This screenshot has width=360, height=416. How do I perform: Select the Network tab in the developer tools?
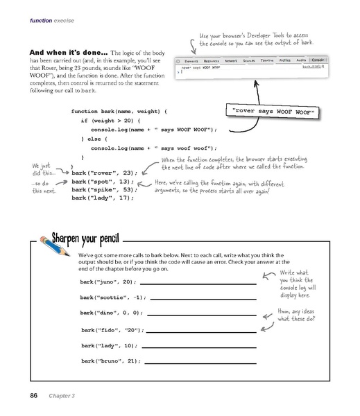coord(230,61)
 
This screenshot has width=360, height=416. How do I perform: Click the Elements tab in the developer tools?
coord(191,61)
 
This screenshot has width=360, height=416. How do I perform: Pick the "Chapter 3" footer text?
coord(63,396)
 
